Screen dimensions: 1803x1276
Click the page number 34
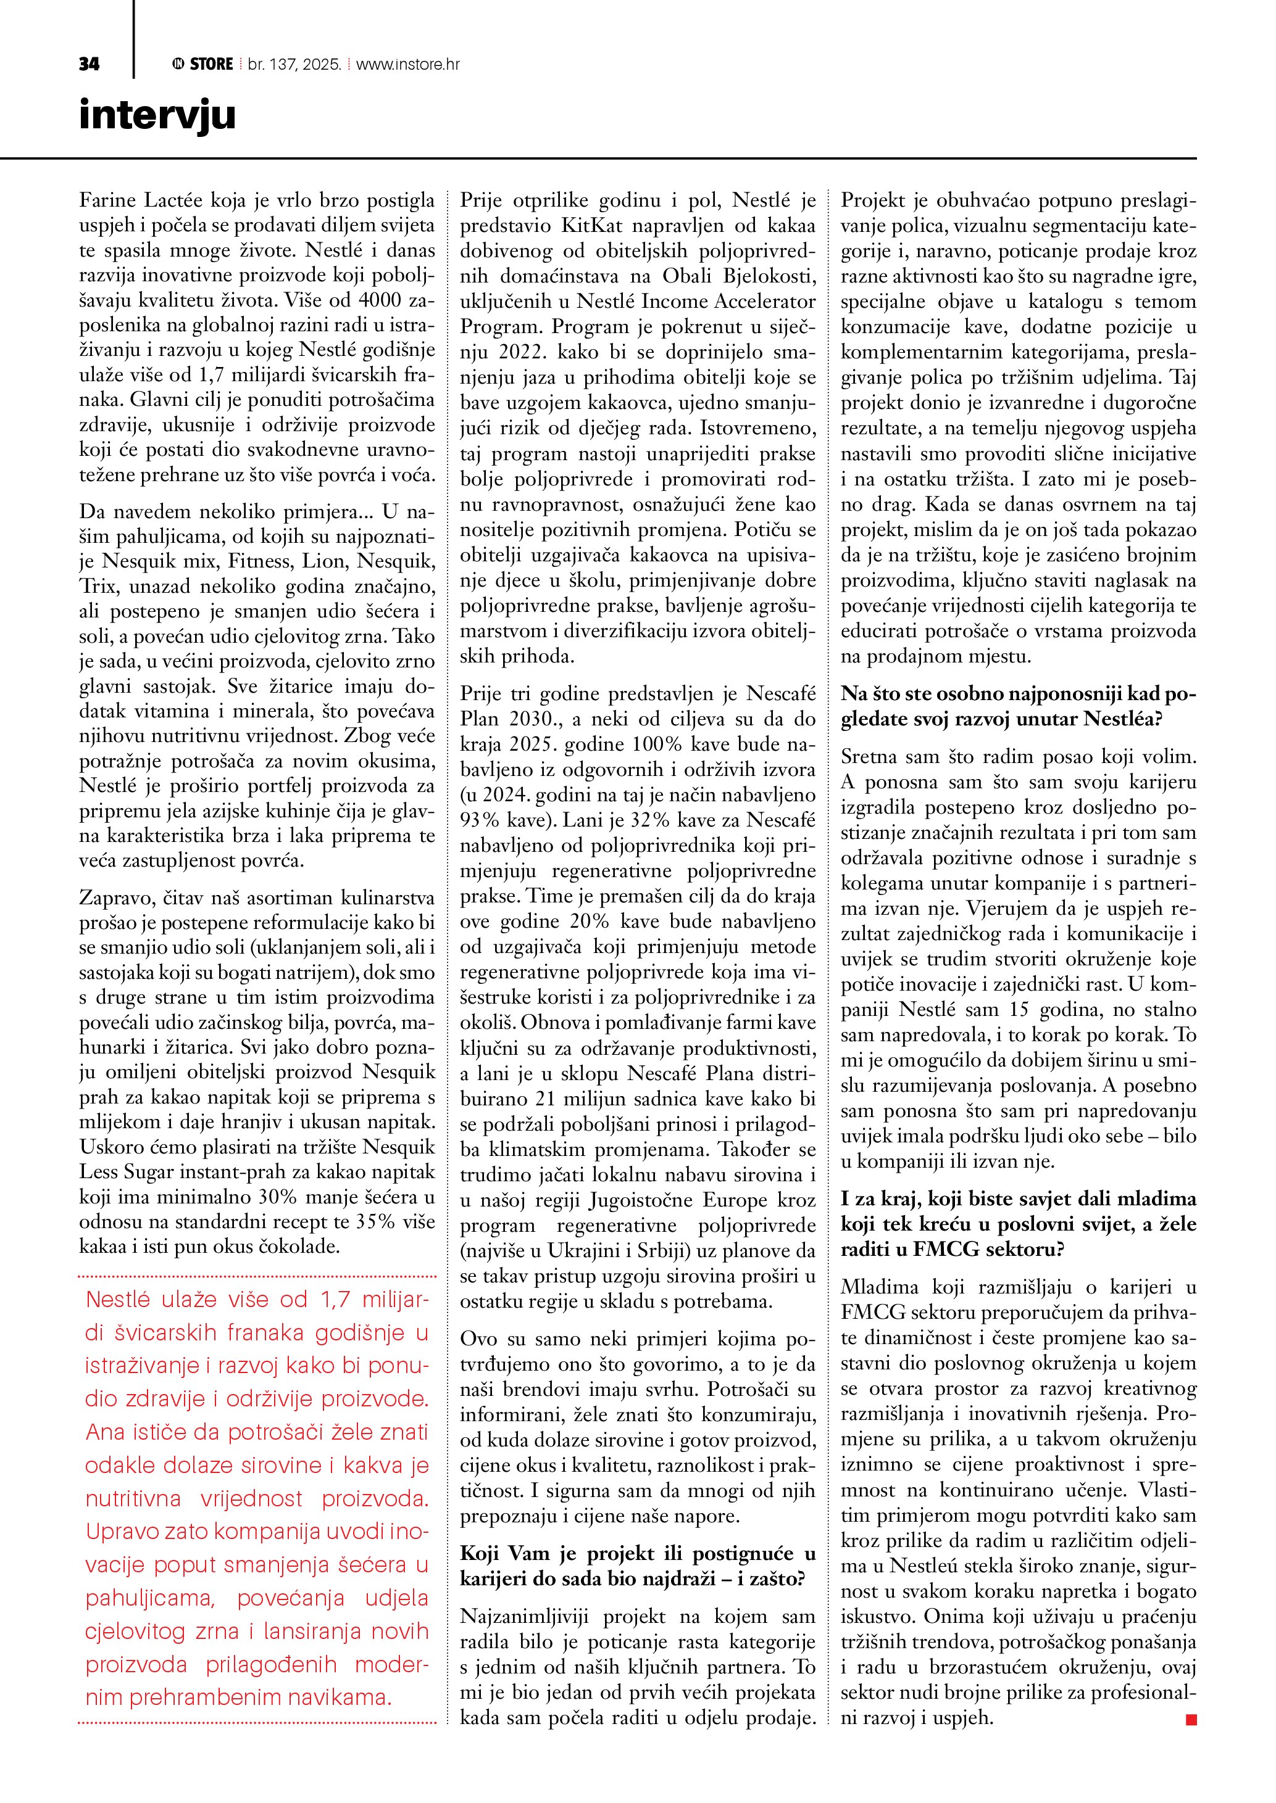click(89, 64)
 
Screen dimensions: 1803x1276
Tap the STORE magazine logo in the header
click(202, 64)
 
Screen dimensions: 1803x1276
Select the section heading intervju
click(157, 115)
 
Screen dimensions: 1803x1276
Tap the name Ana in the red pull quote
click(104, 1432)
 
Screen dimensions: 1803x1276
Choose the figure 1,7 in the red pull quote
click(334, 1300)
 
